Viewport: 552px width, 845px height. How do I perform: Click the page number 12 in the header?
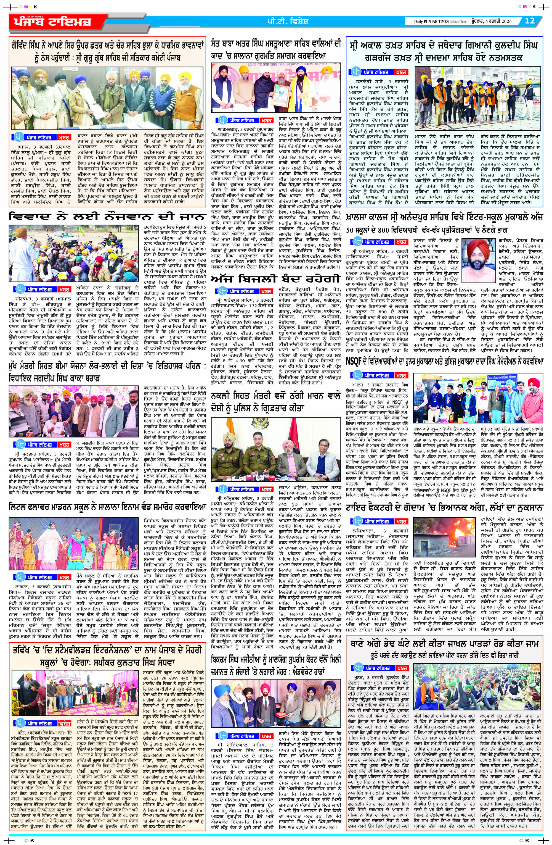pos(530,21)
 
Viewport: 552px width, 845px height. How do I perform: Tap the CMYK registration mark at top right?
pos(526,6)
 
